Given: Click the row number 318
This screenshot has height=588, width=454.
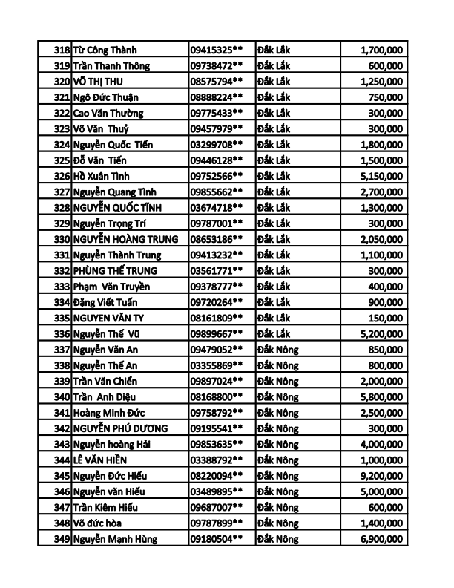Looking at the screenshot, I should [62, 50].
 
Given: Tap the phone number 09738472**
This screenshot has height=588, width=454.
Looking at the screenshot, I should [217, 66].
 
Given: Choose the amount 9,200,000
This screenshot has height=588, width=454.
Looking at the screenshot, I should [381, 476].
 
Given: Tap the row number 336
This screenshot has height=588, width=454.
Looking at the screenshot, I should [62, 334].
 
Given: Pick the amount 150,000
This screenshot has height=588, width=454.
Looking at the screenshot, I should [386, 318].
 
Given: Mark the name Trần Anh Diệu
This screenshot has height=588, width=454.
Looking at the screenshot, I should [104, 397].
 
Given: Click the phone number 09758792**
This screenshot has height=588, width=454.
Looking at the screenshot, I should [217, 413].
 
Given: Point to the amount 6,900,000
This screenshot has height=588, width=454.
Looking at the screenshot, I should [381, 539].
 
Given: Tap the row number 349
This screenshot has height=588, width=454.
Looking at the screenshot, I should [62, 539].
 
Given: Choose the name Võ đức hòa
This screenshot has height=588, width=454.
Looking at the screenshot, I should [103, 523].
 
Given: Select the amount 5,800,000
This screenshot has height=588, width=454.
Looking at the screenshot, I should [381, 397].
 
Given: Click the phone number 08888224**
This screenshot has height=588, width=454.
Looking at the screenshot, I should [217, 97].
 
